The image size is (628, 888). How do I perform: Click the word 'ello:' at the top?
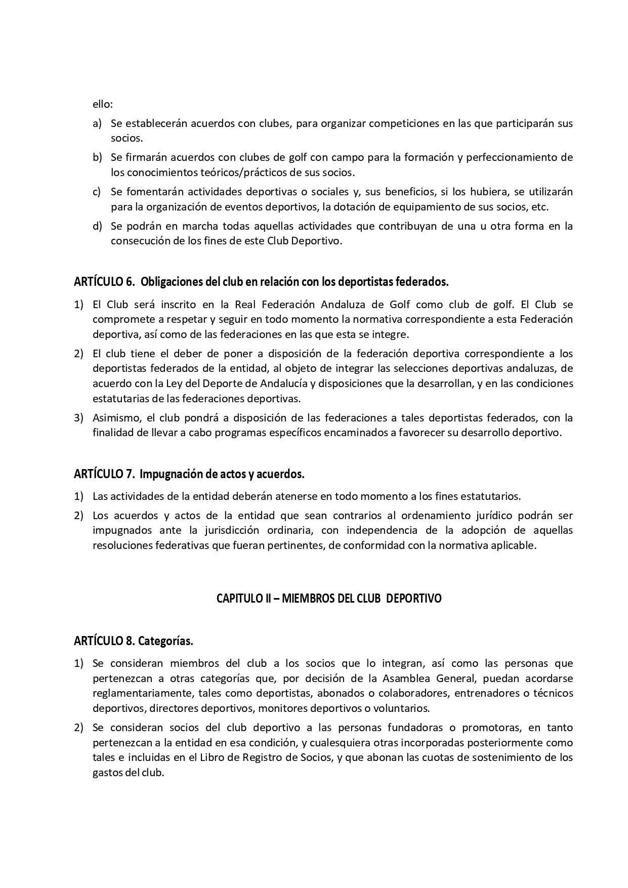coord(102,104)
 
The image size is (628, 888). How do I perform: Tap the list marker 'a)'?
coord(97,123)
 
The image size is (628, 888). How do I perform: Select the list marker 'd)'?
coord(97,226)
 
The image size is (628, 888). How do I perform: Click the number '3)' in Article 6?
coord(78,418)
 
